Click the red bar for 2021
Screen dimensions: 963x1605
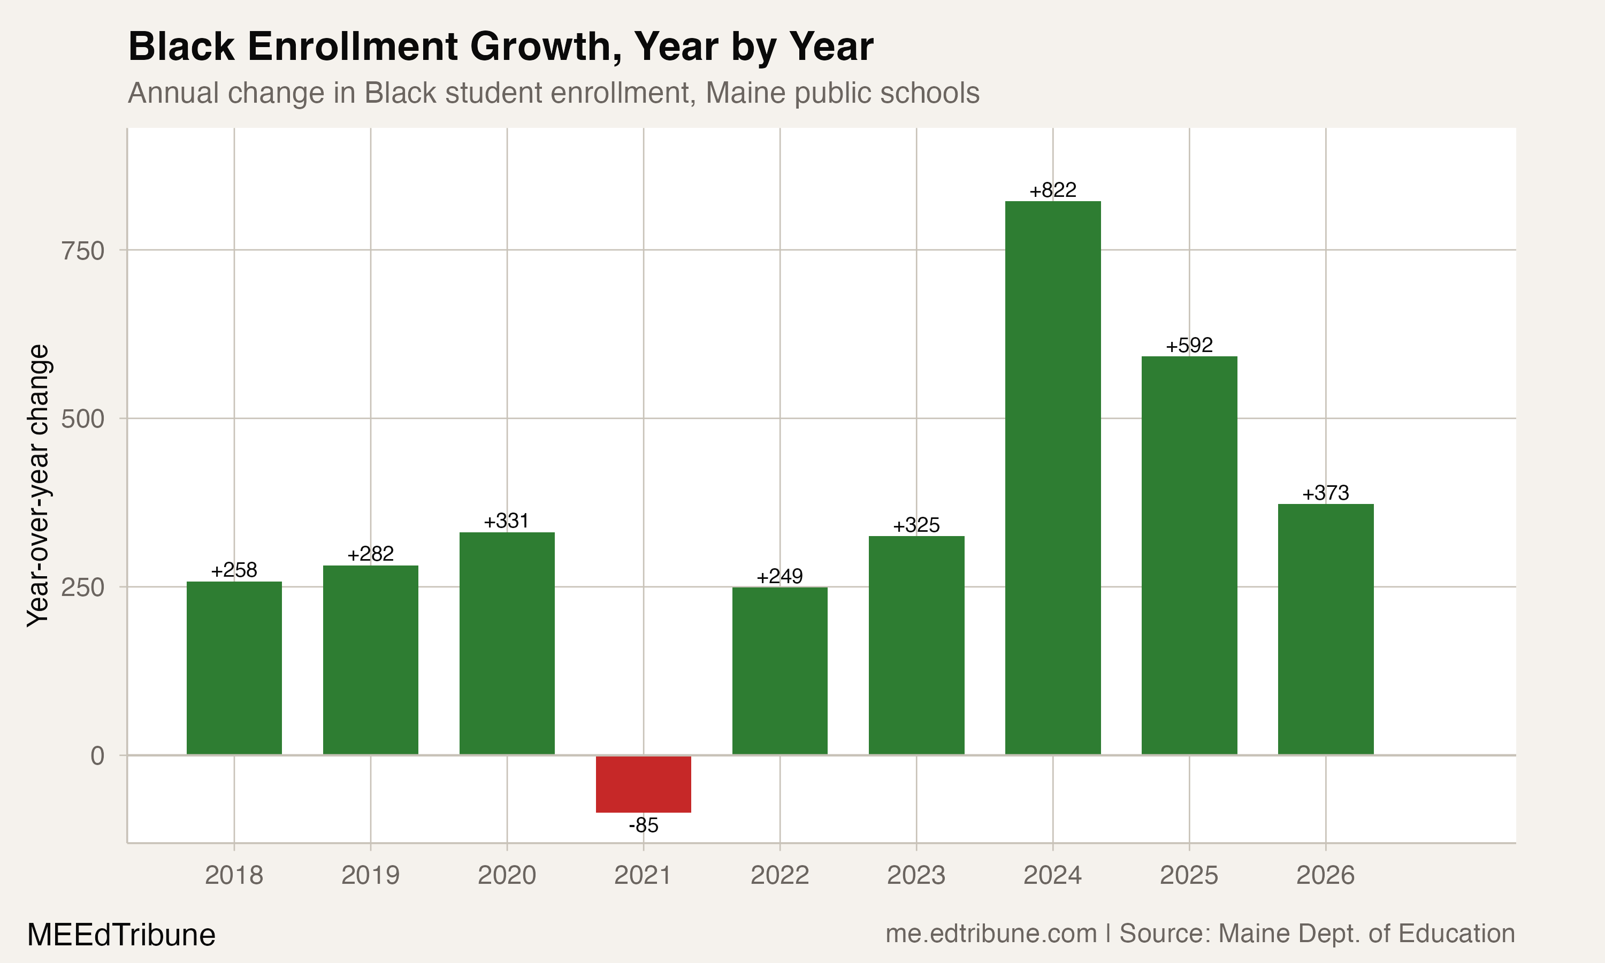point(644,784)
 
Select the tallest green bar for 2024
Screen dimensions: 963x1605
point(1052,478)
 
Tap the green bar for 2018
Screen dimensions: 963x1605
point(234,668)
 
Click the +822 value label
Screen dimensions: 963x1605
point(1052,190)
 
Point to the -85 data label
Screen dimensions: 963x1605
point(644,826)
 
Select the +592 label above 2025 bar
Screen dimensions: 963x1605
point(1189,345)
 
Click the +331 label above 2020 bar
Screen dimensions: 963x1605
point(507,521)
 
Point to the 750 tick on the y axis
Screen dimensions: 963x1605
point(82,250)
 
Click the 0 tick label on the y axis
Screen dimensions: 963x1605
point(97,756)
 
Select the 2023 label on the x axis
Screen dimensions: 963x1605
point(916,875)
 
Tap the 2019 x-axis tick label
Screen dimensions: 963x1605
point(370,875)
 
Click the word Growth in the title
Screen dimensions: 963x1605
point(544,47)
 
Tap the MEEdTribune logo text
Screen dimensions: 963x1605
point(121,935)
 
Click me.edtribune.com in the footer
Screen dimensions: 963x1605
point(991,934)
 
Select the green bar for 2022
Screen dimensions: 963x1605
point(780,670)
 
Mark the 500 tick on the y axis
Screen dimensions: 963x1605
point(82,418)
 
